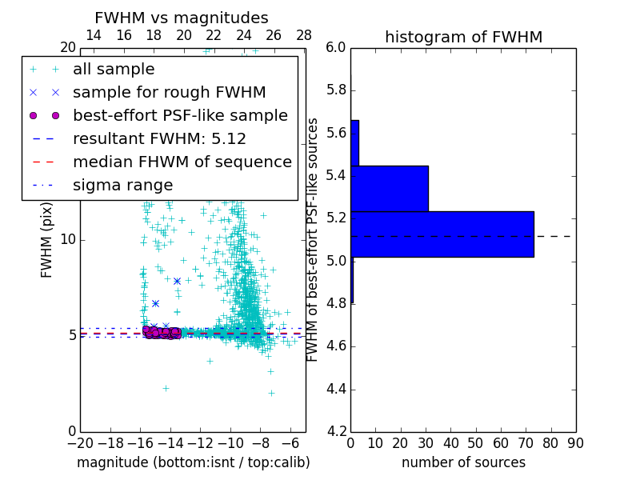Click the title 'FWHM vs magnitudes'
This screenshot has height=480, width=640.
tap(182, 18)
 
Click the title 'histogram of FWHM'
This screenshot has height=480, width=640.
tap(463, 37)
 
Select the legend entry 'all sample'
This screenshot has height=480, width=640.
tap(114, 70)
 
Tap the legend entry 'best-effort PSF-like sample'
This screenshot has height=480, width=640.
tap(180, 115)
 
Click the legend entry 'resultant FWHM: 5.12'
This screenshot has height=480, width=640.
tap(159, 138)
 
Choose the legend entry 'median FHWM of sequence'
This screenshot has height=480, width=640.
tap(182, 162)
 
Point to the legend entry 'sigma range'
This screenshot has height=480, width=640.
tap(122, 185)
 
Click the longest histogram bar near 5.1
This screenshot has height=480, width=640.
tap(442, 234)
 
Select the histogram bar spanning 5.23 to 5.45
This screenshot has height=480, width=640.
tap(390, 188)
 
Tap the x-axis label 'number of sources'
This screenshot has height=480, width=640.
tap(463, 462)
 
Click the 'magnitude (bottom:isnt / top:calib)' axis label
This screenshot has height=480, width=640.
tap(193, 462)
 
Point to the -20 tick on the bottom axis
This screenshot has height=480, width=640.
tap(80, 443)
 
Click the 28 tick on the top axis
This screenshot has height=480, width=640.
tap(304, 35)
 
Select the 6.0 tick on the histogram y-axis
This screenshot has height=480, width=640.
tap(336, 48)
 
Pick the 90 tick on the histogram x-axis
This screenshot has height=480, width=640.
tap(574, 443)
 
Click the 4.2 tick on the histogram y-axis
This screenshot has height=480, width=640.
tap(336, 431)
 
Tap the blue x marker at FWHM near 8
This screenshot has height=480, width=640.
tap(177, 281)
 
